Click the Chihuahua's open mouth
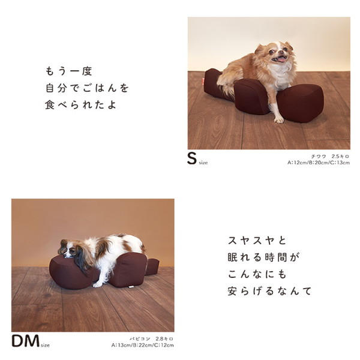click(x=279, y=59)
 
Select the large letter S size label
click(x=192, y=158)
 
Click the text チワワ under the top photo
click(x=319, y=156)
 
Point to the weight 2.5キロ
click(x=340, y=156)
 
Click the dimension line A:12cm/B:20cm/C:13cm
click(x=318, y=163)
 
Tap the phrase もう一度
click(x=69, y=71)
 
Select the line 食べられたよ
click(x=78, y=105)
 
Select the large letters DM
click(x=25, y=340)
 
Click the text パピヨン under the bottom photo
click(x=139, y=338)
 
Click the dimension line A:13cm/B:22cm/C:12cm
click(x=142, y=346)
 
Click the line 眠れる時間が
click(x=264, y=258)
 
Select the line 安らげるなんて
click(x=270, y=292)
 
